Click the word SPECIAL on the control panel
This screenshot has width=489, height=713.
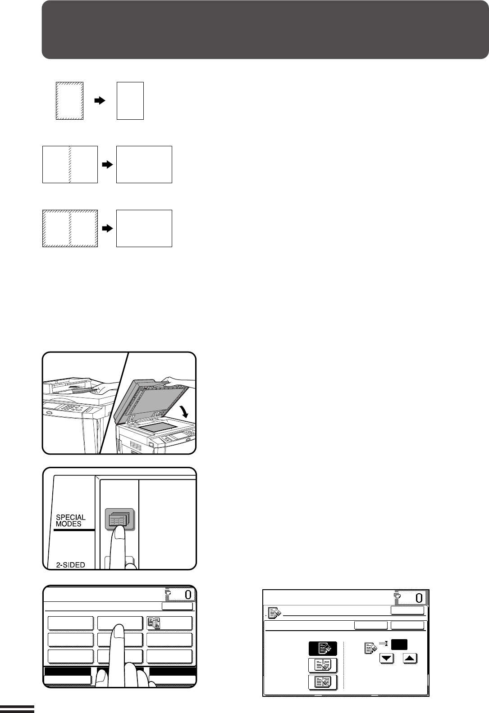71,517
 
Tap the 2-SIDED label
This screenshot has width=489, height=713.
70,565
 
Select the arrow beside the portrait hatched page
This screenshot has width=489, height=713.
100,100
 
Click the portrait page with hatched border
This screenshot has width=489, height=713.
69,101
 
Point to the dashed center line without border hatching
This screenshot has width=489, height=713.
70,165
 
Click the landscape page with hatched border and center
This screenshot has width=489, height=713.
70,228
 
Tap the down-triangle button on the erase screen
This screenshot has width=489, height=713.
387,658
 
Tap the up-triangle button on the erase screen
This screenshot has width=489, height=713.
410,658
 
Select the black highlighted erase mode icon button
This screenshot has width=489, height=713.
323,648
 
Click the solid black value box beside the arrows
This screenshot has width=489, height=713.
399,645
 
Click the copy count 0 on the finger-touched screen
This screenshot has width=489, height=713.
188,595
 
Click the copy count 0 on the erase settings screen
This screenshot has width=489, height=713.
419,598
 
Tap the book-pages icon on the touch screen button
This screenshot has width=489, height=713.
154,623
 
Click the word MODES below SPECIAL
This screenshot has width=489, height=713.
69,523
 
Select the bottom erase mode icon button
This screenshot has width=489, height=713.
323,682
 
